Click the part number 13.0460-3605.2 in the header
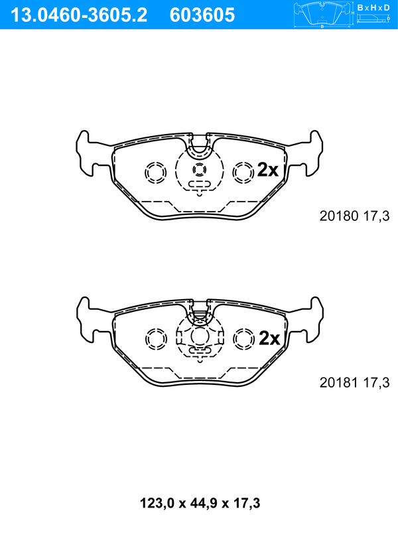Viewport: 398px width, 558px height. click(79, 15)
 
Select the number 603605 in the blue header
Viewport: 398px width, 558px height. click(202, 15)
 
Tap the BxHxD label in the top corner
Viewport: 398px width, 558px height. click(373, 7)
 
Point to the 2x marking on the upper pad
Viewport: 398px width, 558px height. click(267, 170)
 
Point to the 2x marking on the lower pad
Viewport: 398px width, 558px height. click(269, 338)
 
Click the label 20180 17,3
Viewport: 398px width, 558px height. click(355, 216)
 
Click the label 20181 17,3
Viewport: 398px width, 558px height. click(355, 383)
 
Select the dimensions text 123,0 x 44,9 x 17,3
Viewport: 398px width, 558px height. click(200, 503)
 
